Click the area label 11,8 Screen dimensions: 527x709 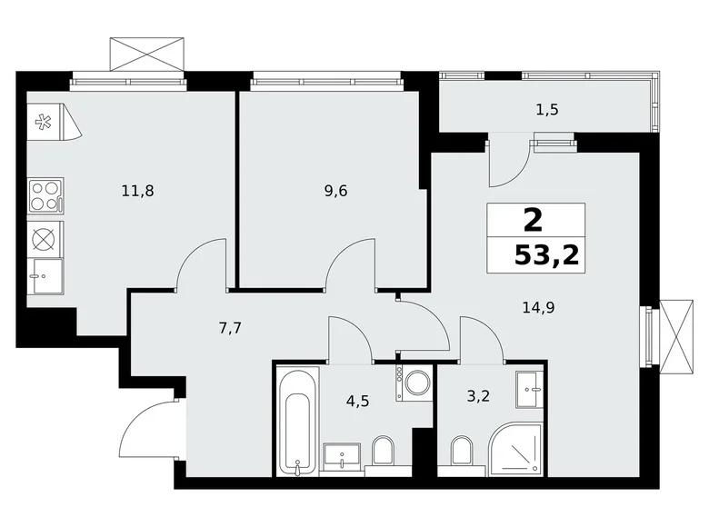(136, 191)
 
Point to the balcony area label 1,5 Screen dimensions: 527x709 (546, 110)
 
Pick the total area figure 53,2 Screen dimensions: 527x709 (546, 254)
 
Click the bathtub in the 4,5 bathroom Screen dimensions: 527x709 (298, 420)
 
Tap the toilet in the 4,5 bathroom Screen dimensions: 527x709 (383, 451)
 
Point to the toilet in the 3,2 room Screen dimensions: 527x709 (462, 452)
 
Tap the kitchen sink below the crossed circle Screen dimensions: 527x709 (45, 275)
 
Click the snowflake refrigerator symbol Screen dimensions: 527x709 (44, 123)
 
